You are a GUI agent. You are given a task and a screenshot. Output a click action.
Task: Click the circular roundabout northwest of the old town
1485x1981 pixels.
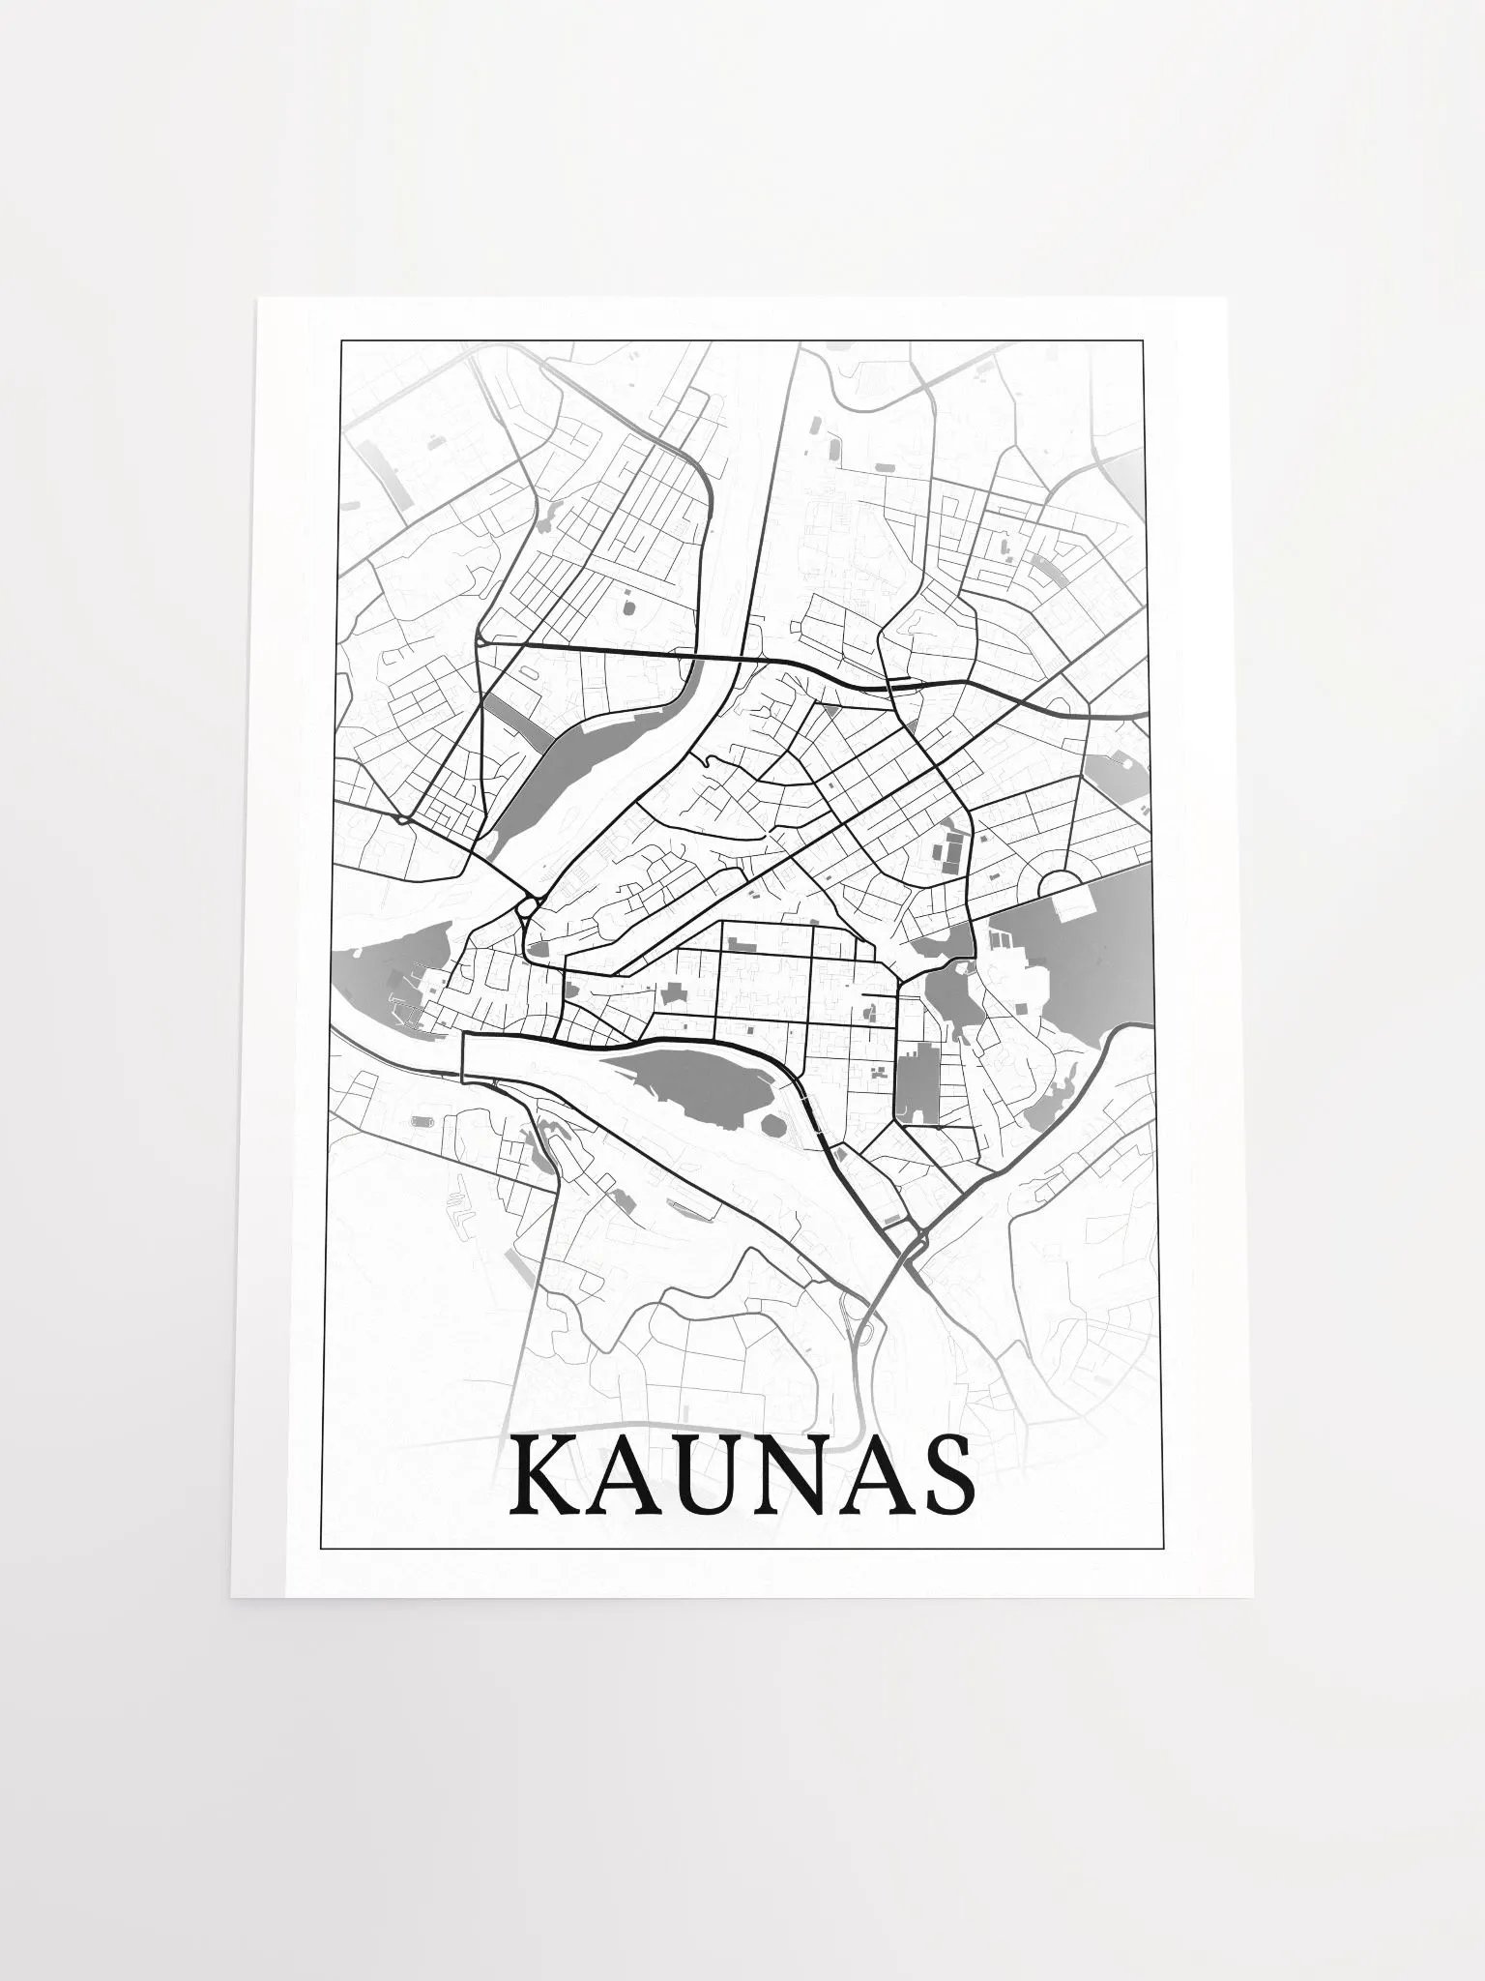[x=527, y=906]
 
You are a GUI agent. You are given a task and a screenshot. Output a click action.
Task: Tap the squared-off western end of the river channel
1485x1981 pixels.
[x=465, y=1054]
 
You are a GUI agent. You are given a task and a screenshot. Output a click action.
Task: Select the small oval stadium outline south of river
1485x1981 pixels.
[x=423, y=1122]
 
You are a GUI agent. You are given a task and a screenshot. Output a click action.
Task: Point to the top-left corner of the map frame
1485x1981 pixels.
[x=338, y=340]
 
